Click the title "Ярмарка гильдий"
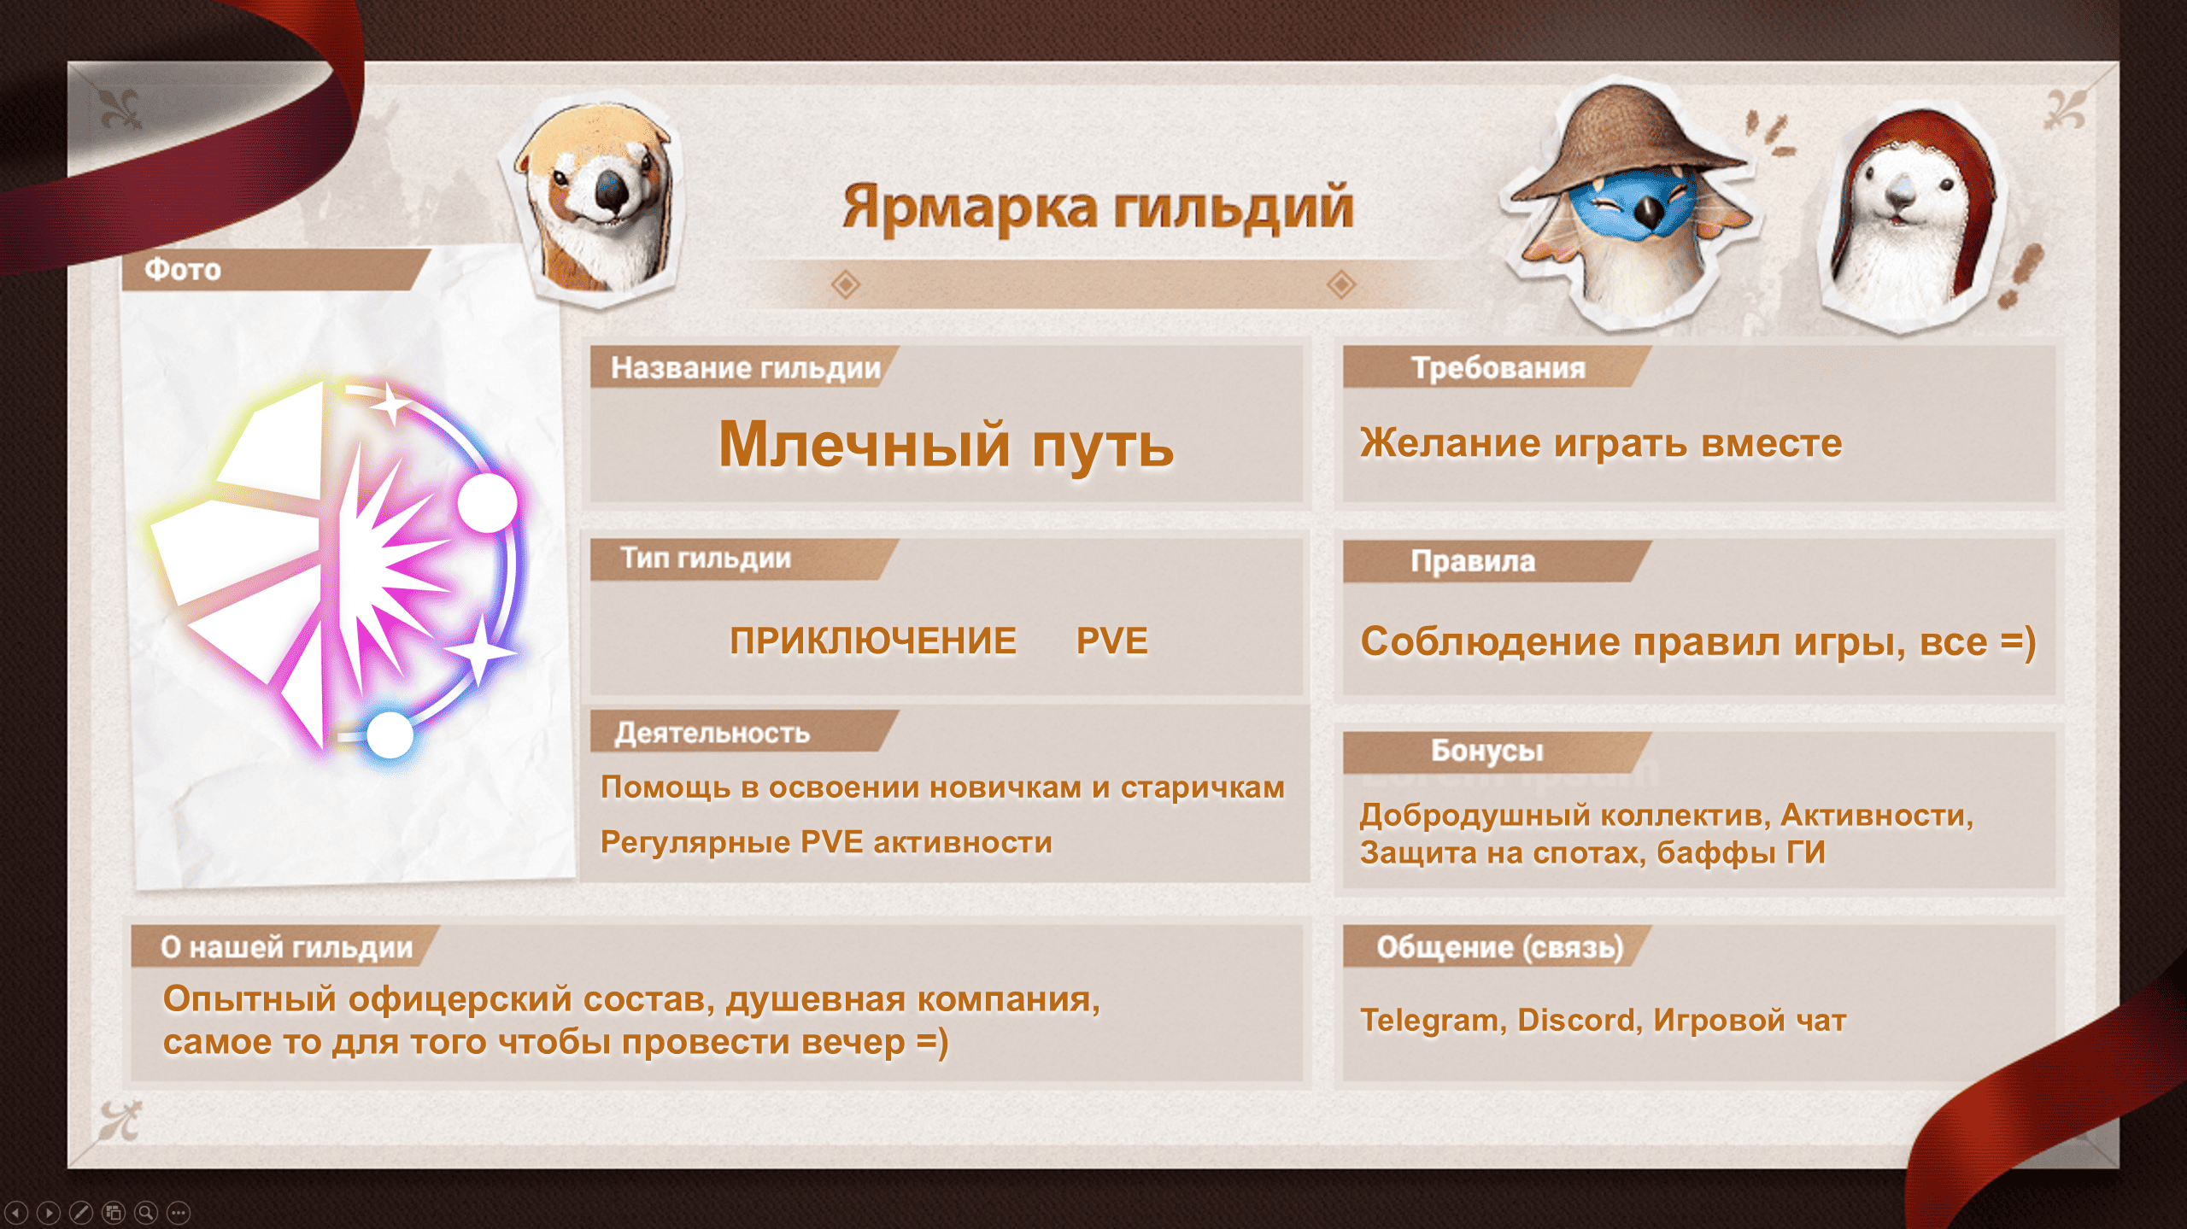coord(1098,207)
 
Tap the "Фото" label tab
coord(183,270)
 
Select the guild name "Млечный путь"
coord(947,445)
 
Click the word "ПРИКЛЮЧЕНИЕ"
coord(873,641)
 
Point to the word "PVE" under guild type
coord(1111,641)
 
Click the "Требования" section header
coord(1498,368)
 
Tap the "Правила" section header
coord(1473,561)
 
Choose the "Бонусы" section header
coord(1487,751)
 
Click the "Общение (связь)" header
coord(1500,947)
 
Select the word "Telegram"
coord(1428,1020)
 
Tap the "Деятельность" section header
coord(712,733)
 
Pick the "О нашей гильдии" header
coord(286,947)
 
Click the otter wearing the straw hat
coord(1627,205)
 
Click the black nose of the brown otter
coord(612,190)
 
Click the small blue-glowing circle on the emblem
coord(390,734)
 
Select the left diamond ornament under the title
coord(845,284)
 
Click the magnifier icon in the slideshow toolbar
coord(146,1212)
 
